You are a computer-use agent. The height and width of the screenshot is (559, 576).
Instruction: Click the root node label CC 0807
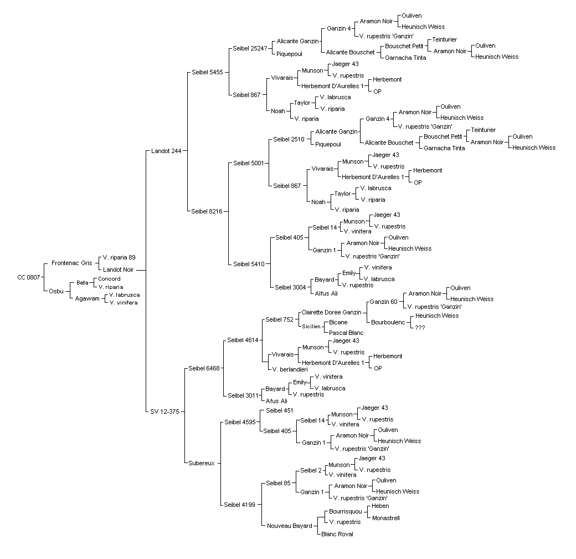29,277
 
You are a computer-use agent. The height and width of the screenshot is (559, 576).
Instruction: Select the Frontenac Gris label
71,263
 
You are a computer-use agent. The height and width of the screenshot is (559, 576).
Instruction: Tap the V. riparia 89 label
119,257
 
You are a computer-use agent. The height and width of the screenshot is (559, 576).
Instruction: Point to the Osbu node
56,291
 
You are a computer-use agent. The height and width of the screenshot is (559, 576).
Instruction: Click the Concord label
109,279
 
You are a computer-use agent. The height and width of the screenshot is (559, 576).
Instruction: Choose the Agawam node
87,298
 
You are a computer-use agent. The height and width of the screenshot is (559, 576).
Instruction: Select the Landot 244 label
166,151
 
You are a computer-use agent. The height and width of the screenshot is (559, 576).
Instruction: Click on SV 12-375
164,411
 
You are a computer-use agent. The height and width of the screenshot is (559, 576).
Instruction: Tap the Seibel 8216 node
207,211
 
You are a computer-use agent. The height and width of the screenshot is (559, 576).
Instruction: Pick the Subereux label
201,464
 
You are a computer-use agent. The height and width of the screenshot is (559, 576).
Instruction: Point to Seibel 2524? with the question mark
250,49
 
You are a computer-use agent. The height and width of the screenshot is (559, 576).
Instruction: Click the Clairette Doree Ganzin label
331,312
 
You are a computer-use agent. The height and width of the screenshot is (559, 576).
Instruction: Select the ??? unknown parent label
420,328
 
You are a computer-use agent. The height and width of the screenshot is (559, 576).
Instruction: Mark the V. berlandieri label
290,369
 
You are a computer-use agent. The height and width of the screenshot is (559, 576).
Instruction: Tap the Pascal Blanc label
346,333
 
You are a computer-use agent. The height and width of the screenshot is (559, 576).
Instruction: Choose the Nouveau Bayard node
290,526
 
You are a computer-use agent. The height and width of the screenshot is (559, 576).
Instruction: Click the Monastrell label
385,518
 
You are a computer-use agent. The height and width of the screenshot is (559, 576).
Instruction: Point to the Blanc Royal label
337,535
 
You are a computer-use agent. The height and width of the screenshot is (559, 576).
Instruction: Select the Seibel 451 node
280,410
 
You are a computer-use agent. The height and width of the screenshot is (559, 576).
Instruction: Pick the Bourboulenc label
388,323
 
